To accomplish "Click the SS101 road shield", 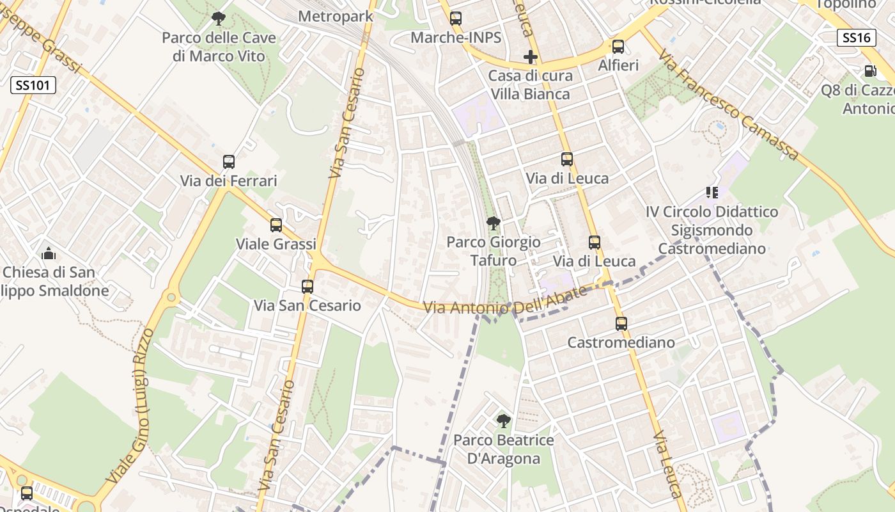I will point(33,85).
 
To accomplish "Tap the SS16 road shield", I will point(856,38).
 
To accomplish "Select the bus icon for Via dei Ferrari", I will point(229,162).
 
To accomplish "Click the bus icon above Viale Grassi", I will point(276,225).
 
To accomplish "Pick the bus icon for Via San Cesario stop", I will point(307,287).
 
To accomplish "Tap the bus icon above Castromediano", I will point(621,324).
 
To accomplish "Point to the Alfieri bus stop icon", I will point(618,47).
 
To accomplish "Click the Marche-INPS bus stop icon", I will point(456,19).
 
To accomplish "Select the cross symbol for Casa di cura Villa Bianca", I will point(530,58).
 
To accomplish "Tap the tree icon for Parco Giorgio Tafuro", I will point(493,223).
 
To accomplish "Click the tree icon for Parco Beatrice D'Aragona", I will point(504,421).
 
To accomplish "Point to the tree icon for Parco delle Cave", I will point(219,19).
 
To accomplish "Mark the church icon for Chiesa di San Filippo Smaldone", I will point(49,254).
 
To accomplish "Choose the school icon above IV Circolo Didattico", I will point(712,193).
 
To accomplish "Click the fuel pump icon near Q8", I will point(870,71).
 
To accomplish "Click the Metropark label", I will point(336,17).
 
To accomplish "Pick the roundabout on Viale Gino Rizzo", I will point(171,298).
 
